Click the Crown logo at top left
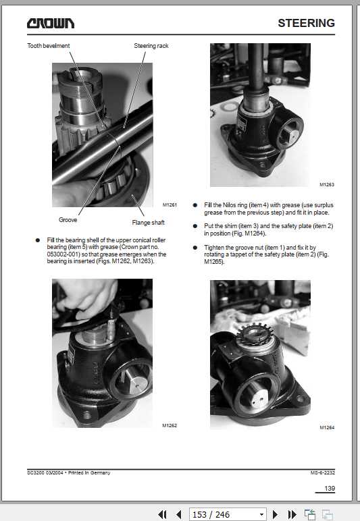coord(51,24)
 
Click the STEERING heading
coord(306,23)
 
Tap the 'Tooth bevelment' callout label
coord(48,46)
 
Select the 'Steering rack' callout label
coord(151,46)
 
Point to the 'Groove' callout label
coord(68,220)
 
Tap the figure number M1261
coord(169,204)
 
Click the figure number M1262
coord(169,426)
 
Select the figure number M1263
coord(327,184)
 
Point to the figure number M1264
coord(327,427)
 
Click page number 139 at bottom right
coord(330,489)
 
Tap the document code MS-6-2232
coord(322,472)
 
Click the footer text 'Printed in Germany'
coord(87,472)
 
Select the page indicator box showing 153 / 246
coord(227,514)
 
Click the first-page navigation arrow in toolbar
coord(162,514)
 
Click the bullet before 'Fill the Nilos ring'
coord(195,204)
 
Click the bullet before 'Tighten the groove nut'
coord(195,248)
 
